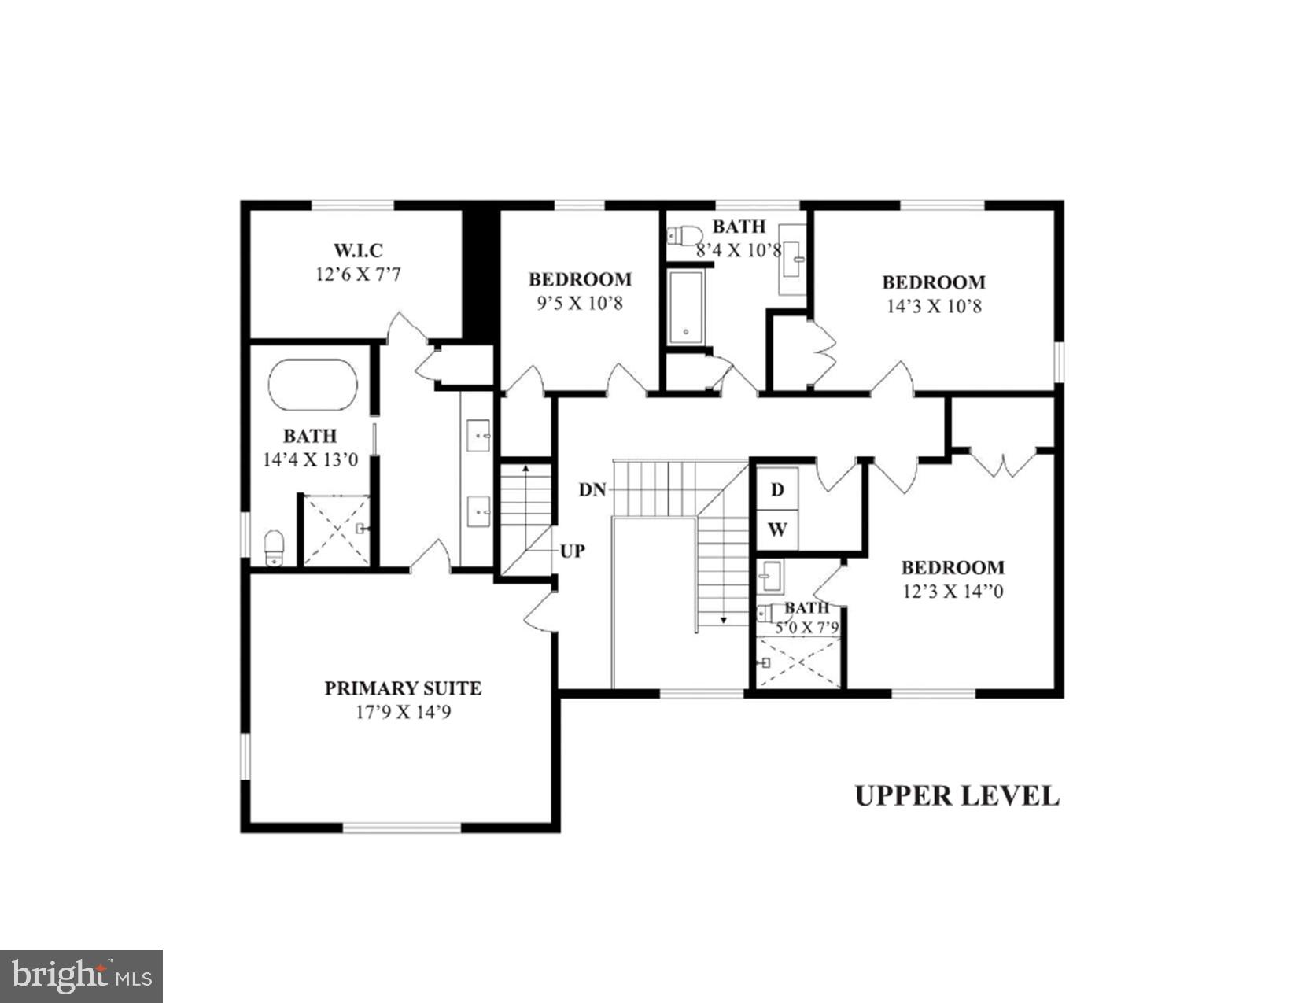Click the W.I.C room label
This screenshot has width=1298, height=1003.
point(358,250)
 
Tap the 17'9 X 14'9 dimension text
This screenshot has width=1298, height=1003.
point(402,713)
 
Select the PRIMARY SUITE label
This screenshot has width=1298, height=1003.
point(403,688)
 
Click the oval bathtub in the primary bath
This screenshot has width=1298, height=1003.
point(312,385)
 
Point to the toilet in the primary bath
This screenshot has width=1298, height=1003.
point(274,547)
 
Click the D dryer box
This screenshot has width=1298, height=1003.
point(777,490)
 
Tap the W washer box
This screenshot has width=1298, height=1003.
point(777,529)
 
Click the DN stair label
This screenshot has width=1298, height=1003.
point(592,490)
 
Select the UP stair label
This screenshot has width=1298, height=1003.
point(572,551)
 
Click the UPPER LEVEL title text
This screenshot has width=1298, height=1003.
point(957,795)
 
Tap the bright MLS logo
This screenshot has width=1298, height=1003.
point(81,976)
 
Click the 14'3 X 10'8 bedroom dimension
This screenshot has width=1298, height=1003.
point(934,306)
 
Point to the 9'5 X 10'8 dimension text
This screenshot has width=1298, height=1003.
point(579,303)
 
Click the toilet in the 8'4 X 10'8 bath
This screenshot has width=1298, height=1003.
point(684,234)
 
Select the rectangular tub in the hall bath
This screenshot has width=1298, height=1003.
point(688,308)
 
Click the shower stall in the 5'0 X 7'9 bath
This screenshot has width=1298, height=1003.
point(798,663)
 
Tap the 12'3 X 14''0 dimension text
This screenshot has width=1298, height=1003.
point(952,592)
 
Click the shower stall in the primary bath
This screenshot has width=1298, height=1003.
point(337,529)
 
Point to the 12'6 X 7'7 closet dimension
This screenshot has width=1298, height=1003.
point(358,275)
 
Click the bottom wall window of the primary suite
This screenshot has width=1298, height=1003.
point(402,827)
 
